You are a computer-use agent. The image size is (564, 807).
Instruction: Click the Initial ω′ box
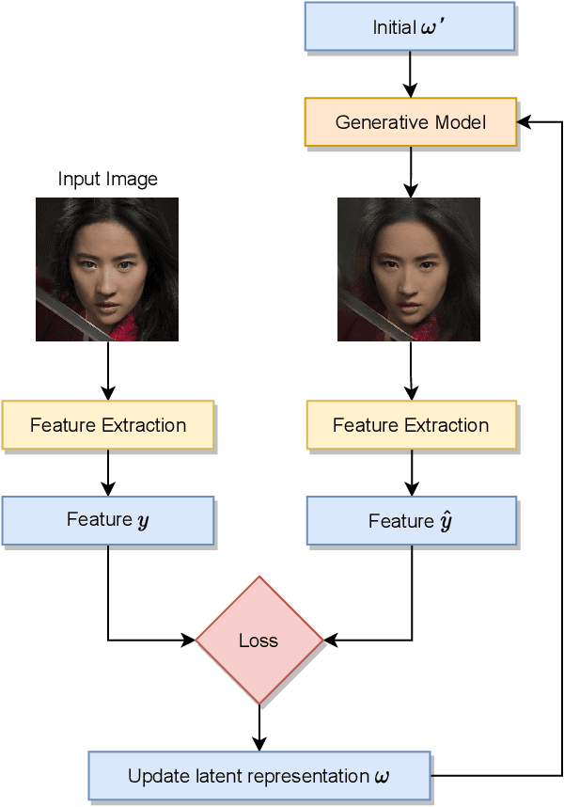point(410,26)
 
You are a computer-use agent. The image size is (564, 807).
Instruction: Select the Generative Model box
point(411,122)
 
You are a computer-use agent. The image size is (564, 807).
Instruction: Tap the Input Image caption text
point(108,179)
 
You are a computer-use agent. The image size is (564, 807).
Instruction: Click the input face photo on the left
point(107,269)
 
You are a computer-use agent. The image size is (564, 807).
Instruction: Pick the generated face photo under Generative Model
point(409,269)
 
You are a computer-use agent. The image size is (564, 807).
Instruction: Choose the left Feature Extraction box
point(108,425)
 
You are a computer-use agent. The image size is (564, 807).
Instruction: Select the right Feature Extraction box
point(411,425)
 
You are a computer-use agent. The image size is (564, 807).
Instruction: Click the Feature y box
point(108,520)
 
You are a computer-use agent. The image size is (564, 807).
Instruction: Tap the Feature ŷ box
point(412,520)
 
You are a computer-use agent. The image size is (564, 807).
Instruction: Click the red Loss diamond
point(258,641)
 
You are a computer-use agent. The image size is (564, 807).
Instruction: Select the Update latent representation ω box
point(259,776)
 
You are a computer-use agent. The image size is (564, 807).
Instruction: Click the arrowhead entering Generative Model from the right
point(524,122)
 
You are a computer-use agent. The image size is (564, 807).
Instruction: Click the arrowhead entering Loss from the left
point(189,641)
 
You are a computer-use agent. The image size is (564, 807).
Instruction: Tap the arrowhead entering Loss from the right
point(330,641)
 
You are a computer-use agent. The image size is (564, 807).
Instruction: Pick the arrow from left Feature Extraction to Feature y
point(108,472)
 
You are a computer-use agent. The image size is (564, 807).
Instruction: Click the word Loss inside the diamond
point(258,641)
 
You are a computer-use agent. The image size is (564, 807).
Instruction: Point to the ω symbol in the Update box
point(380,777)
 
